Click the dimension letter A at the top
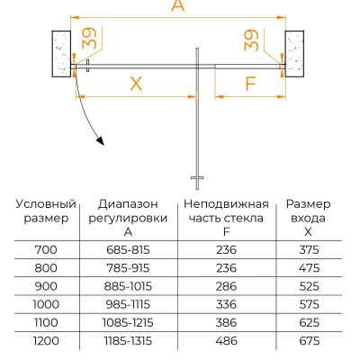coord(177,5)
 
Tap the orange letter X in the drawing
coord(136,84)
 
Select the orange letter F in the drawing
coord(250,83)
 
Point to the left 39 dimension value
coord(89,38)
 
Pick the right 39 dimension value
coord(251,40)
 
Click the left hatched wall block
coord(61,54)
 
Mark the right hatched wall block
coord(294,54)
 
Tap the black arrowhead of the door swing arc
coord(101,140)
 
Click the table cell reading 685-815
coord(128,249)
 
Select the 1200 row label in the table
coord(46,341)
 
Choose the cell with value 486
coord(227,341)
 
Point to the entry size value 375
coord(310,249)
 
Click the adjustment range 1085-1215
coord(128,322)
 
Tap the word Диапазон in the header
coord(128,204)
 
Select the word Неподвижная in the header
coord(226,204)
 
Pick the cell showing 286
coord(226,286)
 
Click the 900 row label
coord(46,286)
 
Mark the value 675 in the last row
coord(310,341)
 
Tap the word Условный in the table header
coord(46,204)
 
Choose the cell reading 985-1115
coord(128,304)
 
